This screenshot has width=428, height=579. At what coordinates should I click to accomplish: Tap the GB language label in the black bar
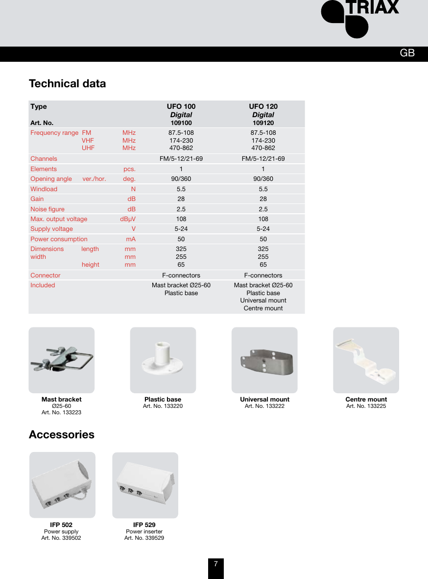(407, 53)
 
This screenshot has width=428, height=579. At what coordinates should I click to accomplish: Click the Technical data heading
(67, 83)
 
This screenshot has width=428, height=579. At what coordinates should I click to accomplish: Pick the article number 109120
(263, 123)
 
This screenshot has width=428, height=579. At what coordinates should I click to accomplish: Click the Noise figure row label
(48, 209)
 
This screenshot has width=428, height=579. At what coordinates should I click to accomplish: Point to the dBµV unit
(128, 219)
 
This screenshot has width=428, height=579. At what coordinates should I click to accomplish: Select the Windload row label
(44, 189)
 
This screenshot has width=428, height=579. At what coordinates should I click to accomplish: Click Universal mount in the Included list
(263, 300)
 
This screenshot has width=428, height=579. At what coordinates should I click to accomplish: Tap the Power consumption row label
(59, 239)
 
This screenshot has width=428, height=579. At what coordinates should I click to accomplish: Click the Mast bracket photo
(62, 360)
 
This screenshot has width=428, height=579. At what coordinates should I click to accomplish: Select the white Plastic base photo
(163, 360)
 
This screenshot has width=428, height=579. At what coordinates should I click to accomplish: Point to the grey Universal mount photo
(264, 360)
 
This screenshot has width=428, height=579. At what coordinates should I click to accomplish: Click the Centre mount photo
(366, 360)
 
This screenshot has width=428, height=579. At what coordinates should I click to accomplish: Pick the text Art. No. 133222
(264, 406)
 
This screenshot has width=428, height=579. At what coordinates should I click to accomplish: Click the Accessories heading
(62, 435)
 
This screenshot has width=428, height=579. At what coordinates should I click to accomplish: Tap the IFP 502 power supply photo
(62, 485)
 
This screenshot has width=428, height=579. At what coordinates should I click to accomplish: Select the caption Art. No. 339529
(144, 538)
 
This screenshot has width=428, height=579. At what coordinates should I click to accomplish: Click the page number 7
(215, 564)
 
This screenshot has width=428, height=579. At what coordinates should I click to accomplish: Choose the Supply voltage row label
(51, 229)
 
